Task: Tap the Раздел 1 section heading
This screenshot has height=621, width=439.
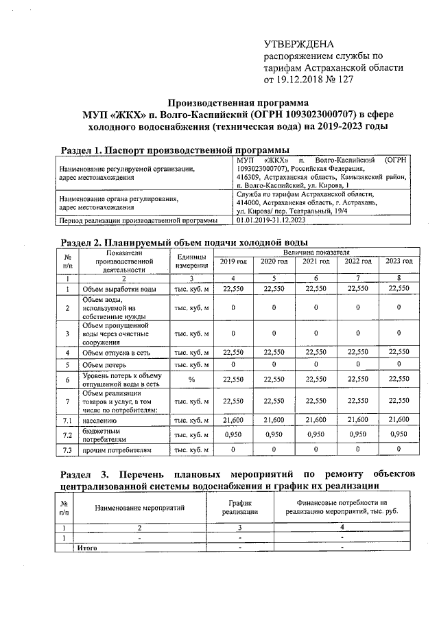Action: (174, 150)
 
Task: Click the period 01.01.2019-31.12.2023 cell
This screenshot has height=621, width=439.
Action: (276, 221)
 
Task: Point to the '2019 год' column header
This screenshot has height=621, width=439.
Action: (234, 262)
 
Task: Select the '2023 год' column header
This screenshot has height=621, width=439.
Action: (398, 262)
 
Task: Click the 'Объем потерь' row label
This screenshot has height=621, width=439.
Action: (108, 364)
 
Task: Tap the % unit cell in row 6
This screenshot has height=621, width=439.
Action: (191, 379)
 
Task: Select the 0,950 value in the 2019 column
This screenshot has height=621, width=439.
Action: (234, 435)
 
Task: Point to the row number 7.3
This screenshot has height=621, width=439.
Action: (67, 451)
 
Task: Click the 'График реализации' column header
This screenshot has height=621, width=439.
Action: (240, 507)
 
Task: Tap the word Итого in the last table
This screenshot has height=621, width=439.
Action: (86, 548)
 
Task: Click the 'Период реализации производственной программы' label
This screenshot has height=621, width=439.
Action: (139, 221)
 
